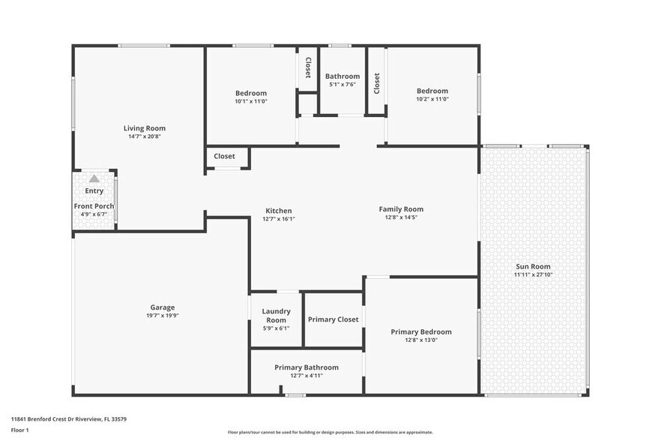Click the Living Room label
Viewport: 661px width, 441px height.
coord(145,128)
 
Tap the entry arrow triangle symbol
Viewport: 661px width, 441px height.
coord(94,179)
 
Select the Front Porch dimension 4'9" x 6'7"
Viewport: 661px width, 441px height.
coord(94,214)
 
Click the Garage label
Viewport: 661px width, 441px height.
coord(162,307)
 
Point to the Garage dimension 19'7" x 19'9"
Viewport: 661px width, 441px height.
coord(162,316)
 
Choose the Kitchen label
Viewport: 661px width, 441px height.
coord(278,211)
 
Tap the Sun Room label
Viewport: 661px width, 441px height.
coord(533,266)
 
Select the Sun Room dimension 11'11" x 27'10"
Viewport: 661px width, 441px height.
coord(533,275)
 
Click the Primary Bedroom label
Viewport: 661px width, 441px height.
coord(421,331)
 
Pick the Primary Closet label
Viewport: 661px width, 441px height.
coord(333,319)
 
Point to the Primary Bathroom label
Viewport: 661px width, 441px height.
coord(306,367)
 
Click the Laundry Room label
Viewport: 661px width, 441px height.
coord(276,316)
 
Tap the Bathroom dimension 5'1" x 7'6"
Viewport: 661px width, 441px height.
coord(342,85)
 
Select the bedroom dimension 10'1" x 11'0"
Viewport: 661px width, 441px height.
coord(251,101)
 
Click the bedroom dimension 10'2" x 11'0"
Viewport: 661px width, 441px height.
coord(432,99)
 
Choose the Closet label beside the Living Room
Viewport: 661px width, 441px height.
coord(224,157)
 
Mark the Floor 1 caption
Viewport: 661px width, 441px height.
coord(19,430)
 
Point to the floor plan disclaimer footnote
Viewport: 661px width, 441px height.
coord(330,433)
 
